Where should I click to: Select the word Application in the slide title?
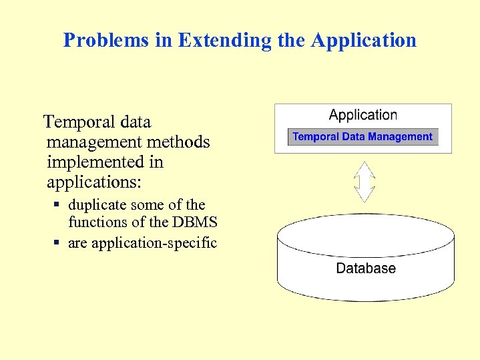(363, 40)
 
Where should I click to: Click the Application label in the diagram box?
(363, 115)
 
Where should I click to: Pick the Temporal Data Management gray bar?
(363, 137)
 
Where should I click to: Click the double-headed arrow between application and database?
(364, 182)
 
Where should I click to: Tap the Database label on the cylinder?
(366, 268)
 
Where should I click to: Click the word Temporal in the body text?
(74, 122)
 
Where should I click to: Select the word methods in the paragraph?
(181, 142)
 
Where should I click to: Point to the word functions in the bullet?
(97, 222)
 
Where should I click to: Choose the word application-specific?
(154, 243)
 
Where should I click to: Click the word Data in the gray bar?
(353, 137)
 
